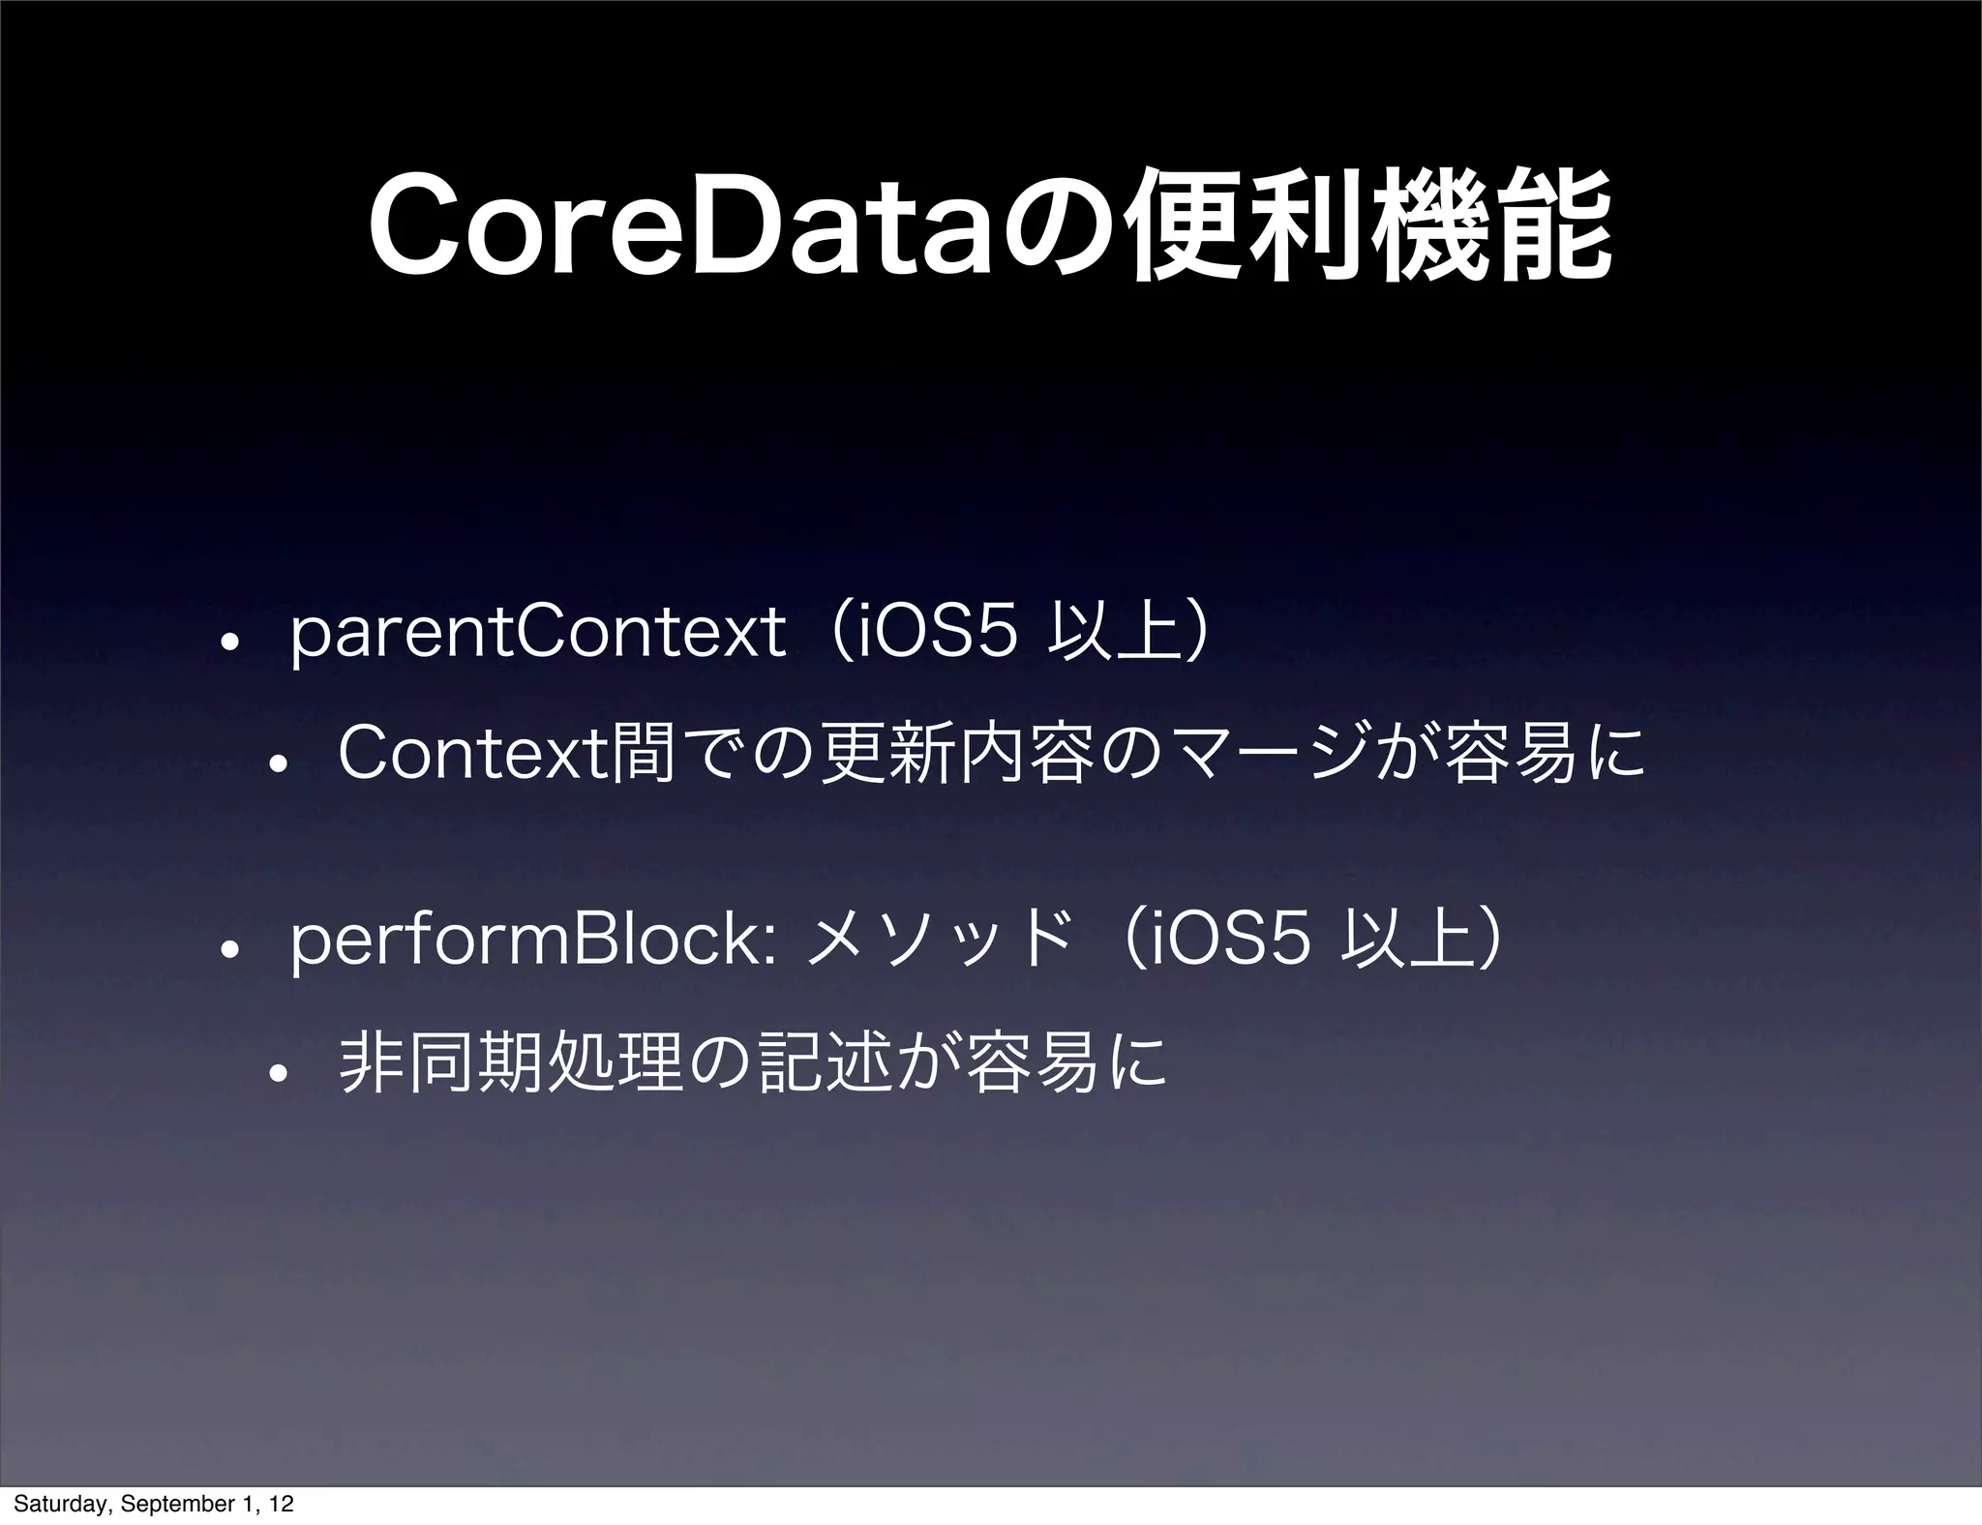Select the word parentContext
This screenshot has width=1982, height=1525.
(x=537, y=640)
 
